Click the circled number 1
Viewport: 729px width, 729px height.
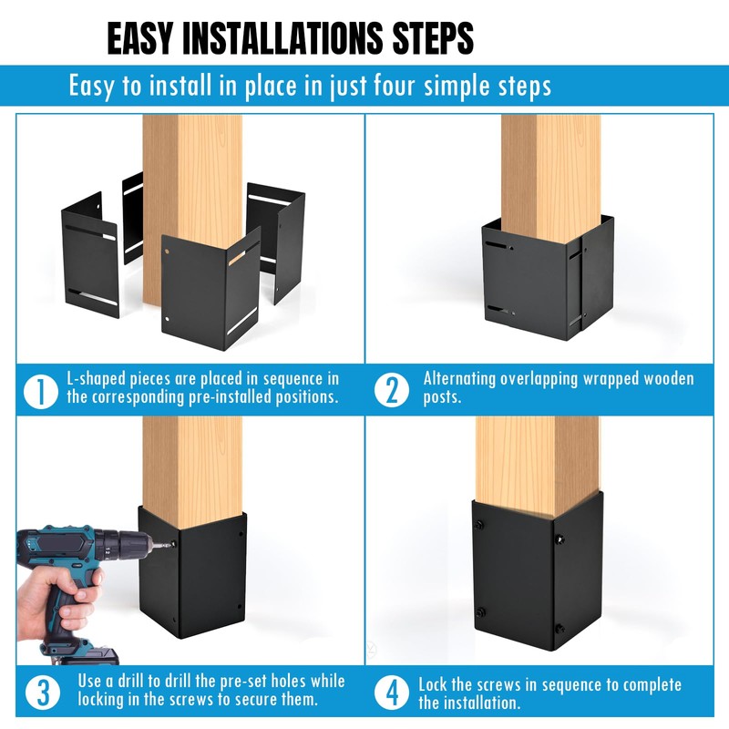tap(41, 391)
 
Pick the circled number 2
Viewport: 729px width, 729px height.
tap(392, 390)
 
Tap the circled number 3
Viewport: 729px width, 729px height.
tap(42, 693)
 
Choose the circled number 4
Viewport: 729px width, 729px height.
tap(392, 693)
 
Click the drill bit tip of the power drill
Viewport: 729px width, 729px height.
tap(170, 544)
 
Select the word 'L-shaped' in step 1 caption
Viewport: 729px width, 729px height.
tap(96, 380)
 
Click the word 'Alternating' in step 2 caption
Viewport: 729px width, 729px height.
tap(459, 379)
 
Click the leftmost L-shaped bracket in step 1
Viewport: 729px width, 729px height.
tap(89, 256)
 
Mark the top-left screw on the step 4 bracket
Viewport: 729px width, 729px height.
tap(478, 526)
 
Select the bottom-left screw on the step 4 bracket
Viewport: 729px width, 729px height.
tap(481, 612)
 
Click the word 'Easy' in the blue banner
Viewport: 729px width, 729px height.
tap(90, 86)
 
